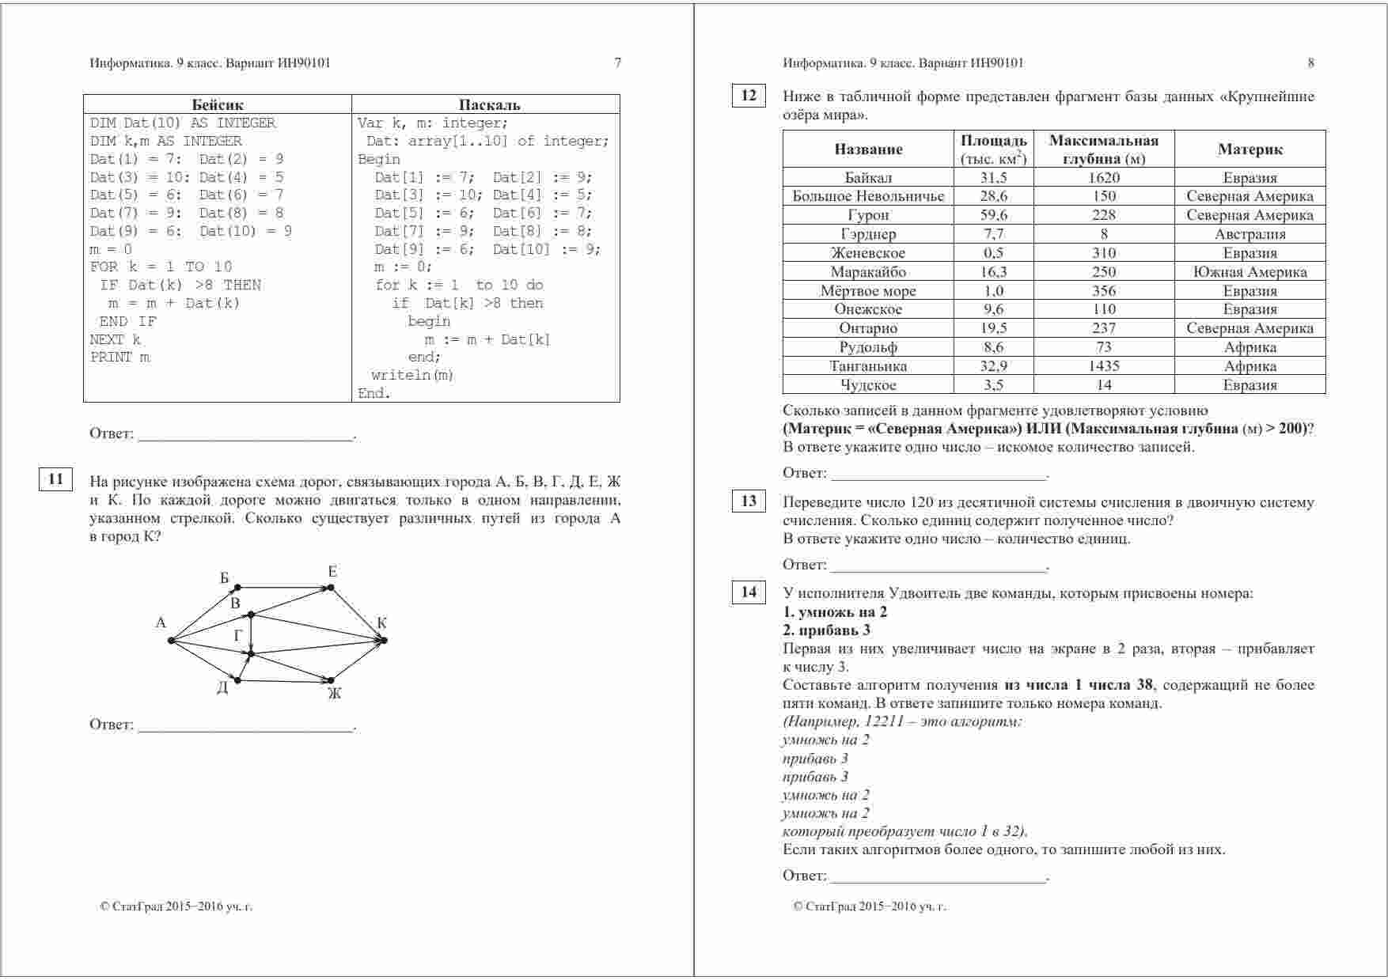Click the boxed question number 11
[x=56, y=479]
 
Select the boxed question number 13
[x=749, y=501]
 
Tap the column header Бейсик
[x=218, y=104]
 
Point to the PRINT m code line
[x=120, y=358]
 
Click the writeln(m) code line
[x=412, y=376]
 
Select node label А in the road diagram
[x=161, y=623]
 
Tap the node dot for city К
[x=385, y=640]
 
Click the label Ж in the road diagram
[x=334, y=694]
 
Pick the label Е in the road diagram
[x=332, y=572]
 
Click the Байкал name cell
[x=868, y=178]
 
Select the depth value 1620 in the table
[x=1104, y=178]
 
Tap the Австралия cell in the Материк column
[x=1250, y=234]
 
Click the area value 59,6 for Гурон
[x=994, y=215]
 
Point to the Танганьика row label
[x=868, y=366]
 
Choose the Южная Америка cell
[x=1250, y=272]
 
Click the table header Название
[x=868, y=149]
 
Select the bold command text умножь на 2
[x=835, y=612]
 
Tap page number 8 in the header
[x=1311, y=63]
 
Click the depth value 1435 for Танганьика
[x=1104, y=366]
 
